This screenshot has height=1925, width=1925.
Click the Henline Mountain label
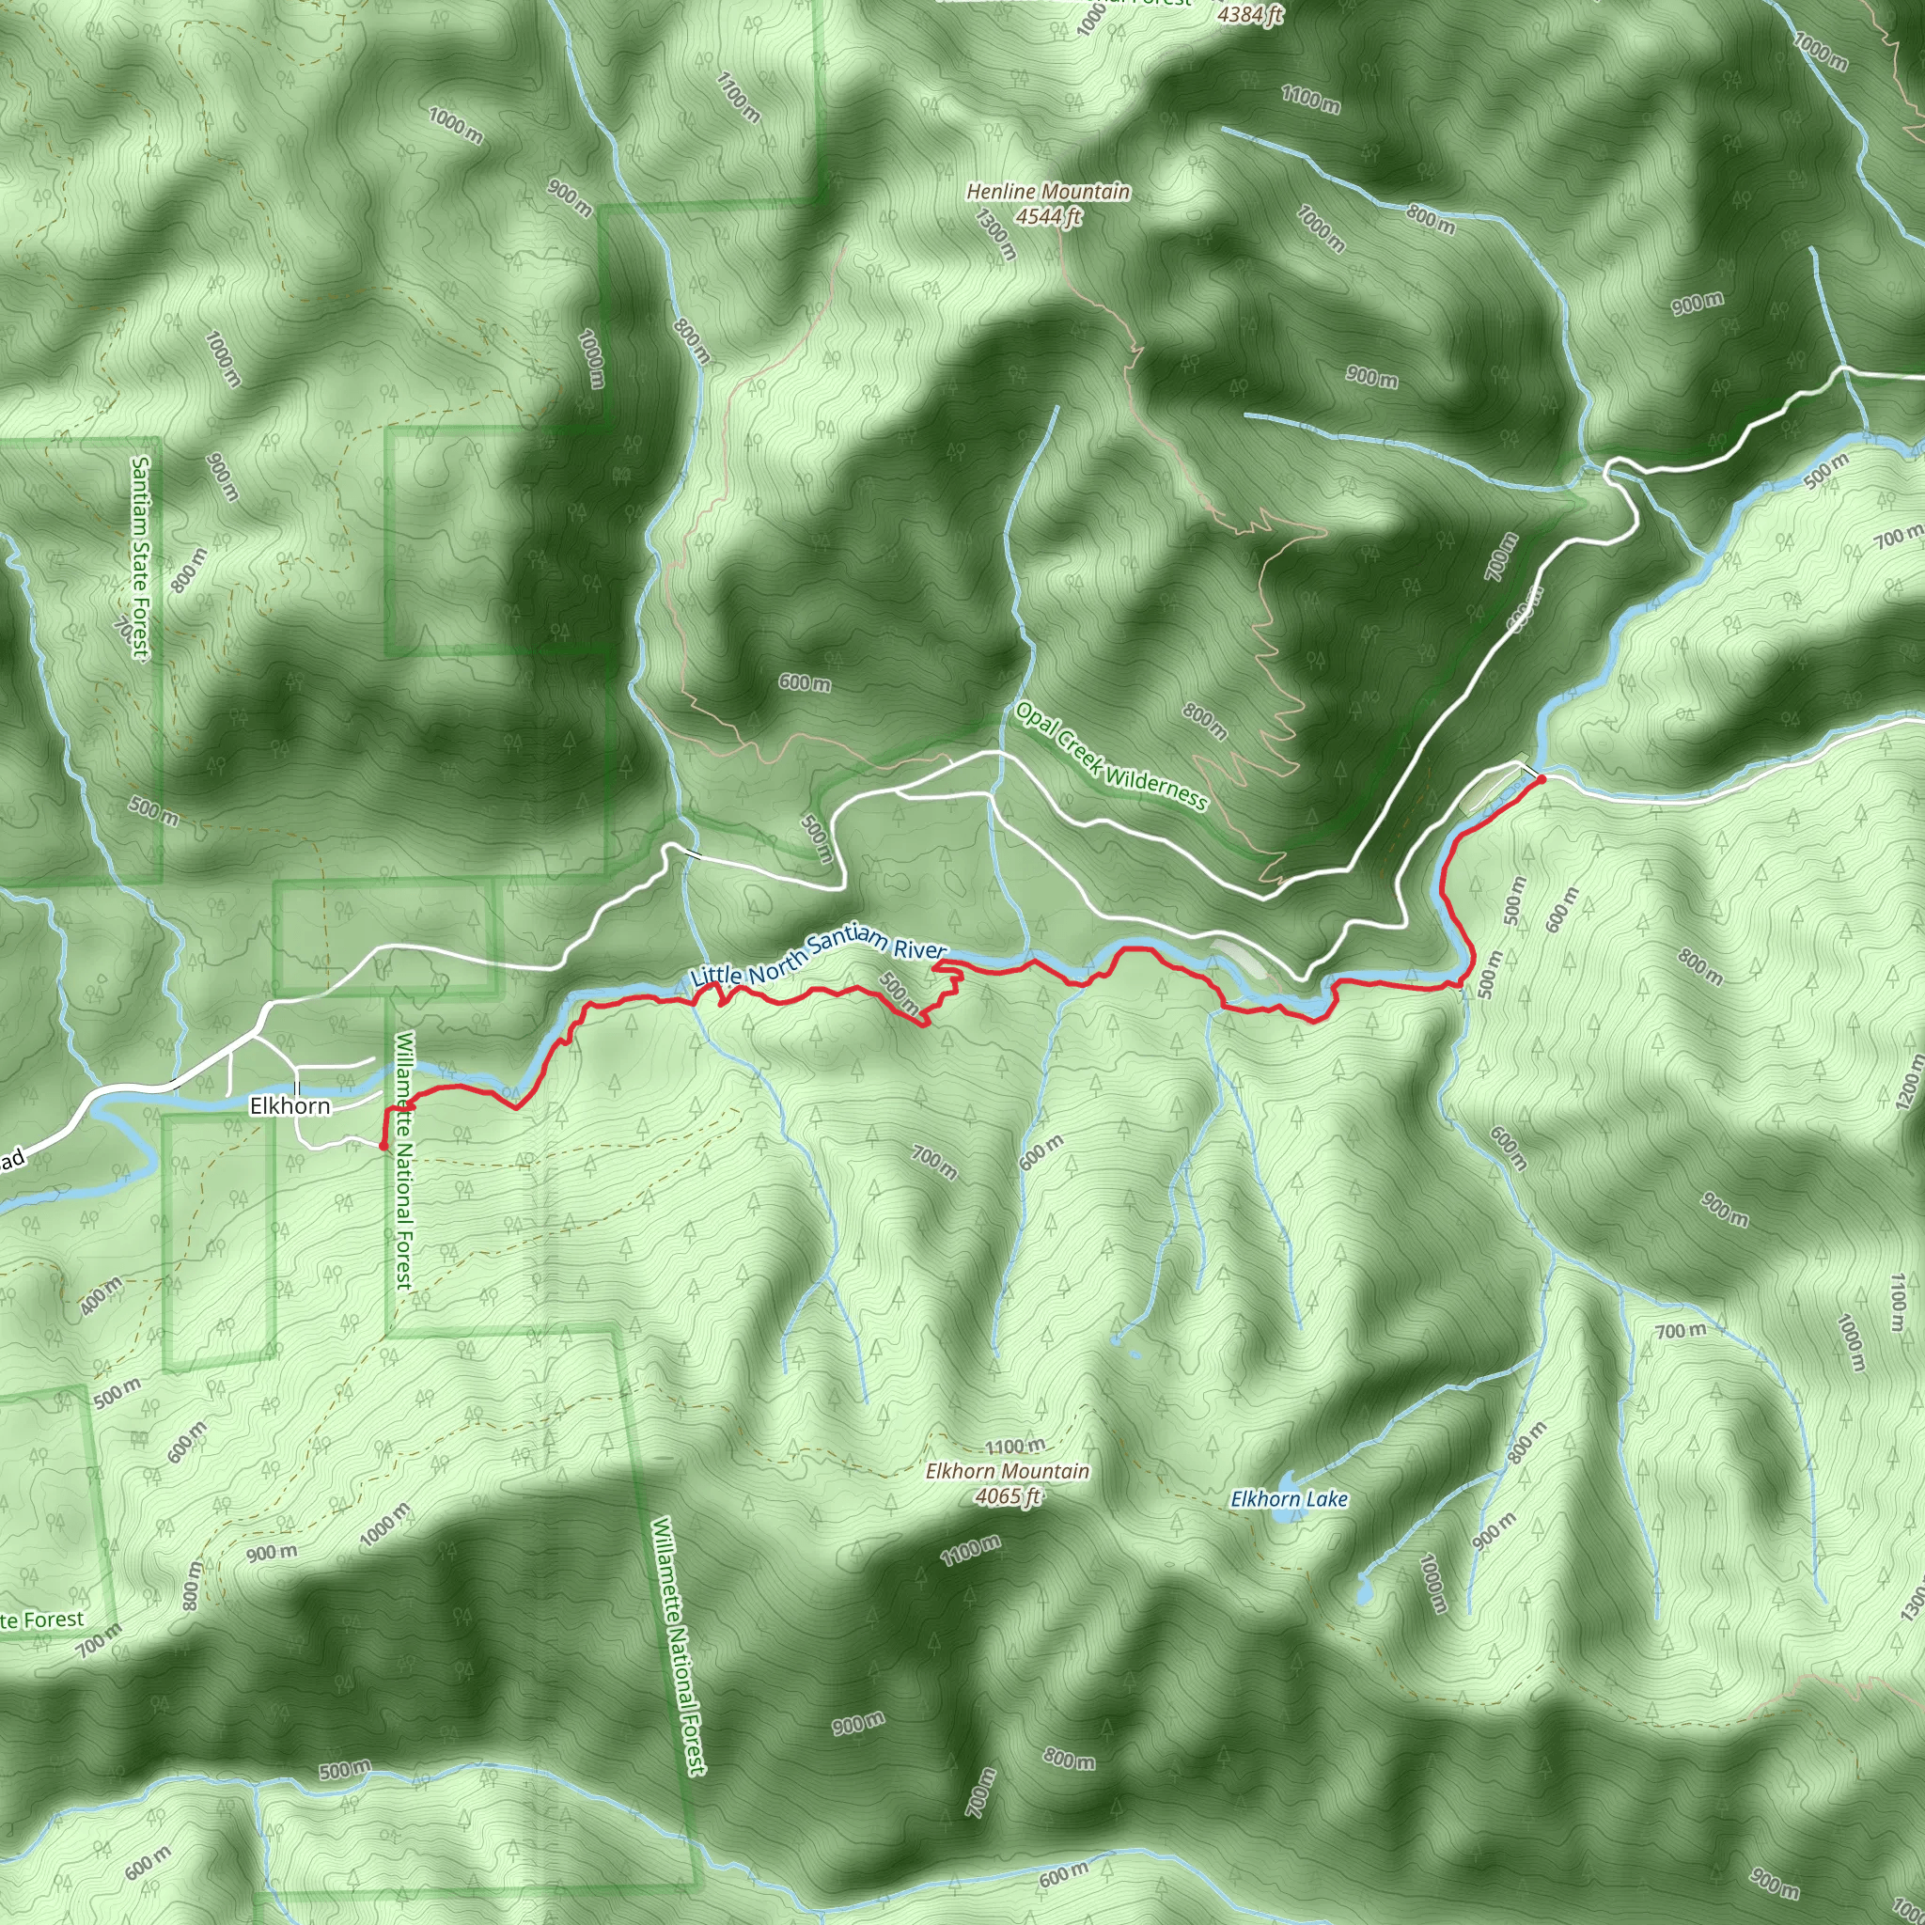coord(1048,192)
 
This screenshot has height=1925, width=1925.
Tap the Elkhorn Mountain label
coord(1008,1471)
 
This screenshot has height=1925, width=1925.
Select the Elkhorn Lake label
coord(1290,1498)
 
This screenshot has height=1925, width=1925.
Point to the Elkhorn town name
coord(290,1106)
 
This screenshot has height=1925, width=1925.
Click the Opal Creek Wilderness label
coord(1111,758)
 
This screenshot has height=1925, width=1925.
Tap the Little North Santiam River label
coord(818,958)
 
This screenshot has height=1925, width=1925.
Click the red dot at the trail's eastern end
coord(1541,779)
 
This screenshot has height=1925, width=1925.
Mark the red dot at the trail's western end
coord(383,1146)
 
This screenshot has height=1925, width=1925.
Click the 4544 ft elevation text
coord(1048,216)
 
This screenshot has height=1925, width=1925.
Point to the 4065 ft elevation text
coord(1008,1495)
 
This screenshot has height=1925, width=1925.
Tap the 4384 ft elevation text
coord(1251,14)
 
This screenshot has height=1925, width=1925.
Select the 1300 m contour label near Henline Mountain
coord(995,234)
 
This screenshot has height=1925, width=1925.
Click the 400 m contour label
coord(102,1295)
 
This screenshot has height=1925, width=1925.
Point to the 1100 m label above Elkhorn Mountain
coord(1015,1446)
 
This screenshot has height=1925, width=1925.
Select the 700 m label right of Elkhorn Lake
coord(1680,1331)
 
